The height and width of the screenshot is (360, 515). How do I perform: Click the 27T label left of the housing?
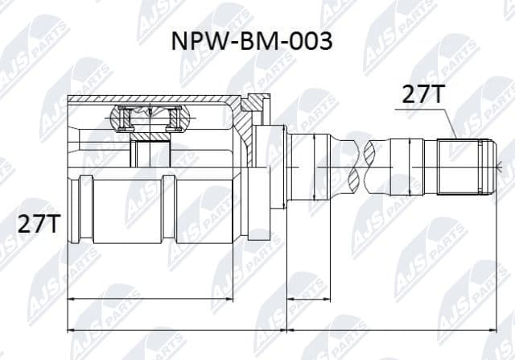tap(39, 225)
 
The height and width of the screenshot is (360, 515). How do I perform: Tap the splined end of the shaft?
tap(463, 167)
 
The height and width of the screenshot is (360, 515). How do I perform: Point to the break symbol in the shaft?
tap(359, 166)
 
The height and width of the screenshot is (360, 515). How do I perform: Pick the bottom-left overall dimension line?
tap(177, 329)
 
